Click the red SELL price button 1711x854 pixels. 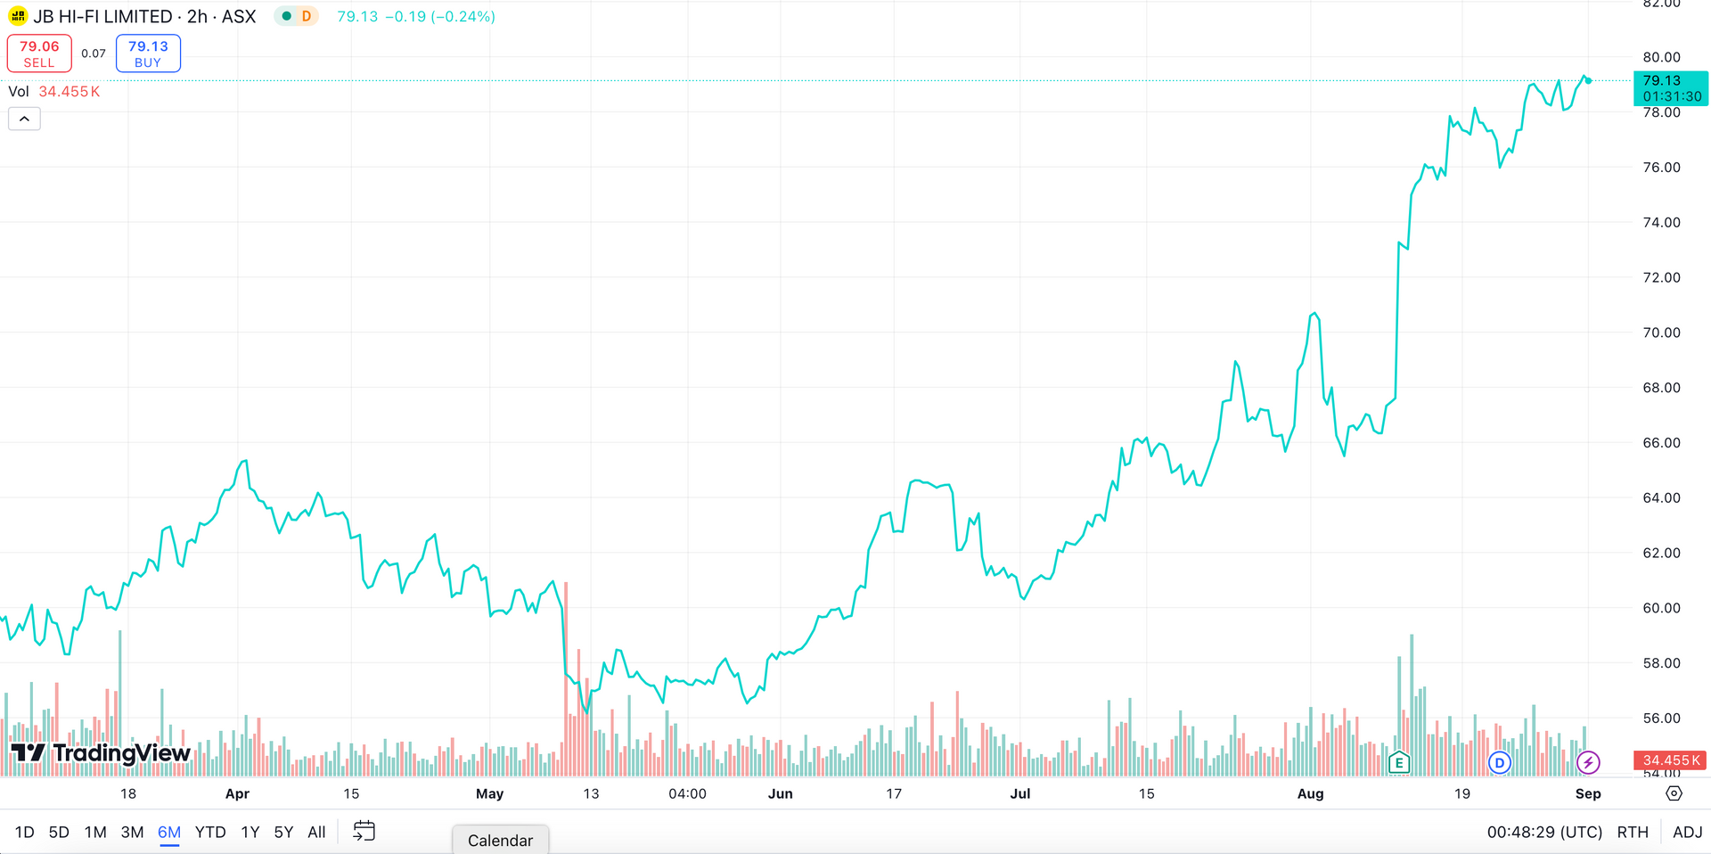tap(39, 53)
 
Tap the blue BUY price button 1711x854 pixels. tap(148, 53)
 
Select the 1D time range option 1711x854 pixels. tap(24, 833)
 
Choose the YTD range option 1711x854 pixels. tap(210, 833)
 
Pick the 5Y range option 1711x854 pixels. tap(283, 833)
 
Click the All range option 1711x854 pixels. tap(316, 833)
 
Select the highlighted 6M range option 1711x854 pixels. tap(169, 833)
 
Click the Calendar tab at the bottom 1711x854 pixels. tap(500, 841)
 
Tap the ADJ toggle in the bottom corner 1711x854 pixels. tap(1688, 833)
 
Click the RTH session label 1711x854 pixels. tap(1633, 833)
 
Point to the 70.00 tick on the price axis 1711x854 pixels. tap(1661, 333)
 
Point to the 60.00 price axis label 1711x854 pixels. tap(1661, 608)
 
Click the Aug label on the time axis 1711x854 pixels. tap(1310, 793)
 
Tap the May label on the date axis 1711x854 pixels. tap(489, 793)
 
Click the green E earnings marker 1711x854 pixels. tap(1399, 762)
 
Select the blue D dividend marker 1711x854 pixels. tap(1500, 762)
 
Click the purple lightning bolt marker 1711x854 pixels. tap(1588, 762)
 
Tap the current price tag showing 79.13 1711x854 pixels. tap(1670, 88)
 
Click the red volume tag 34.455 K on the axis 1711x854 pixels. tap(1670, 760)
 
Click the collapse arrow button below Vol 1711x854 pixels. tap(24, 119)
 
